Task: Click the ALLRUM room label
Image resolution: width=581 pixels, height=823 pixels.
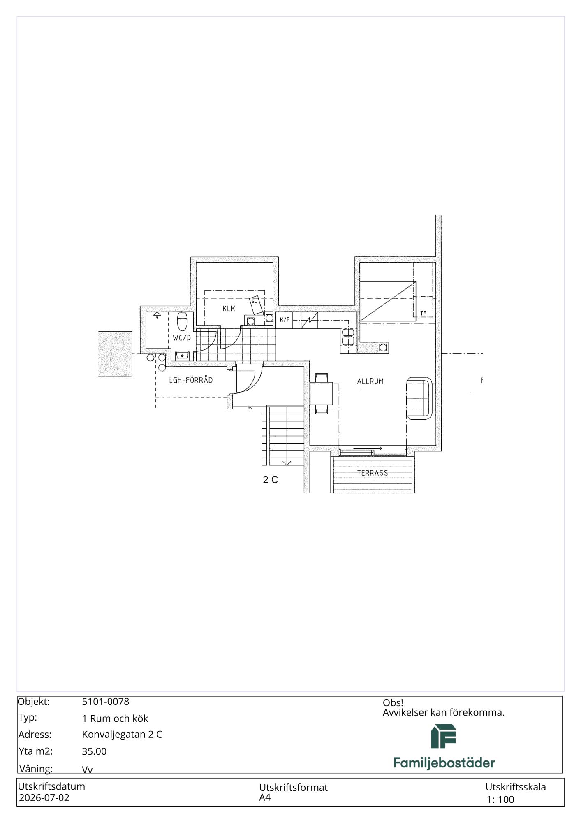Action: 370,381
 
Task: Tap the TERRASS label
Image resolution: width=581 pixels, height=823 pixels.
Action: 372,473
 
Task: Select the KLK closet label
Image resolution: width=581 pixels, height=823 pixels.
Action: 229,308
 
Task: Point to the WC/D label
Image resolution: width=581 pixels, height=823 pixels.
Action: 182,338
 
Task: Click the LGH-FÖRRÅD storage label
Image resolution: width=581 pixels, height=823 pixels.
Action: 191,380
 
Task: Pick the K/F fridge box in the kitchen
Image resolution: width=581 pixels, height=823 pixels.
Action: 285,320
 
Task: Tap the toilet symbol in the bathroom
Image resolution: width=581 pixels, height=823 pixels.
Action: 182,321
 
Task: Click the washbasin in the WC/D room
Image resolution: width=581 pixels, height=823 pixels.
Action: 182,355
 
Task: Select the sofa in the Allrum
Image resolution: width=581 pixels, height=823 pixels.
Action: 419,398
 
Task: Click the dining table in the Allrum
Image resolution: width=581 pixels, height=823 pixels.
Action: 322,393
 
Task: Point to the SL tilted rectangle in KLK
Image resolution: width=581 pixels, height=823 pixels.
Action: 257,305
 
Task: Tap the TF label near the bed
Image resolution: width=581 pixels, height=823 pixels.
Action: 423,314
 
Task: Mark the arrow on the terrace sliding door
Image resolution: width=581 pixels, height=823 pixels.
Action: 368,448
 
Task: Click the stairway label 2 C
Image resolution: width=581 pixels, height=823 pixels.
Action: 271,479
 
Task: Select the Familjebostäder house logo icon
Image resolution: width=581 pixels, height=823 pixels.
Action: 443,736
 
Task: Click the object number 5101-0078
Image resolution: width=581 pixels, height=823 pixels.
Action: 106,702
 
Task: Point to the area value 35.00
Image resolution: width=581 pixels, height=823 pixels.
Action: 94,751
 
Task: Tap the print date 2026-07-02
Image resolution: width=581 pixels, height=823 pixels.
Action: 44,798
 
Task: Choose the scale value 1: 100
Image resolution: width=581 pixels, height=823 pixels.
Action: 500,800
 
